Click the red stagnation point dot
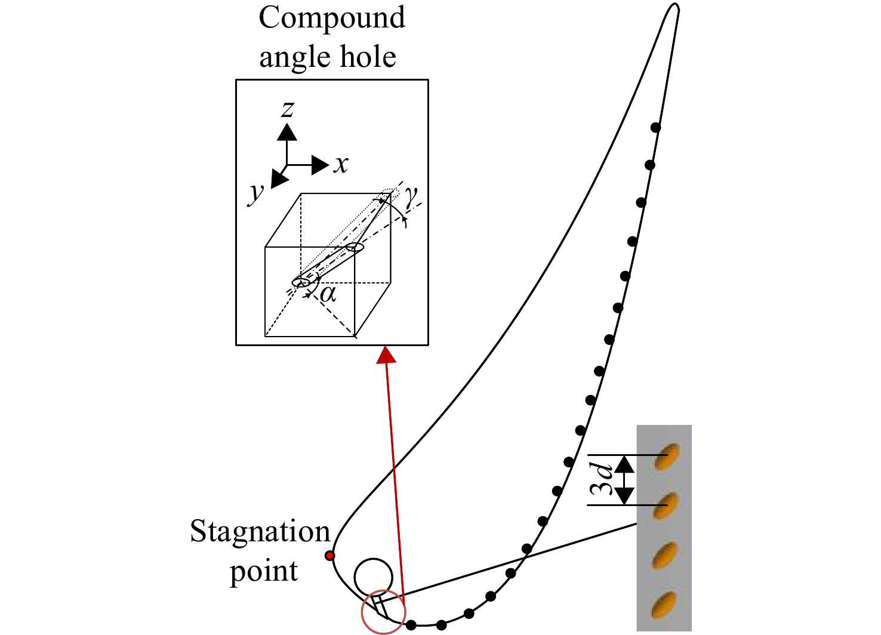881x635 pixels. point(330,556)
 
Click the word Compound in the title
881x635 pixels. point(331,18)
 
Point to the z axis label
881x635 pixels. point(288,109)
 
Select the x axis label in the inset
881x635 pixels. point(341,165)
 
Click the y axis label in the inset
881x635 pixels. point(257,193)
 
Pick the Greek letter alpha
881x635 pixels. point(328,294)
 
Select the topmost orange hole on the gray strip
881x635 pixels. point(666,457)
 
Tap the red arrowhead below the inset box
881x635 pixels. point(386,355)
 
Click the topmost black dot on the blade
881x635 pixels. point(655,127)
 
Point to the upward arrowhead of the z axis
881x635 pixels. point(287,132)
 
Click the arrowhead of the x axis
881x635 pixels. point(320,165)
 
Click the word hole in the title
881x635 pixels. point(368,57)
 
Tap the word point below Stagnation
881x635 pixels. point(264,572)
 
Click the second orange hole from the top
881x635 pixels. point(666,505)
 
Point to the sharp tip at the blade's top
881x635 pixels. point(675,4)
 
